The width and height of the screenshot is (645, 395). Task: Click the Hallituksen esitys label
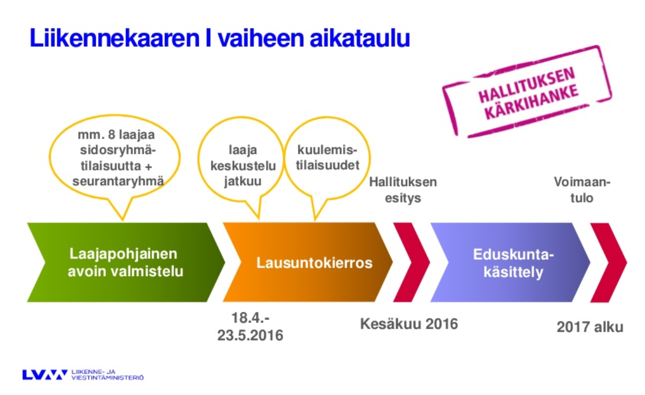point(403,190)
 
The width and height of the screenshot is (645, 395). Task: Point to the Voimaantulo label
point(582,190)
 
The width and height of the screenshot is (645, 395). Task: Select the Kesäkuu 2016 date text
point(409,323)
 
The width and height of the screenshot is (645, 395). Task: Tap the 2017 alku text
point(590,327)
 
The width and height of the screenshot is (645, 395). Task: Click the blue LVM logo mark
point(45,375)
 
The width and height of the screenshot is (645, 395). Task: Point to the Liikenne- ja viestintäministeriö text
point(107,375)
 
